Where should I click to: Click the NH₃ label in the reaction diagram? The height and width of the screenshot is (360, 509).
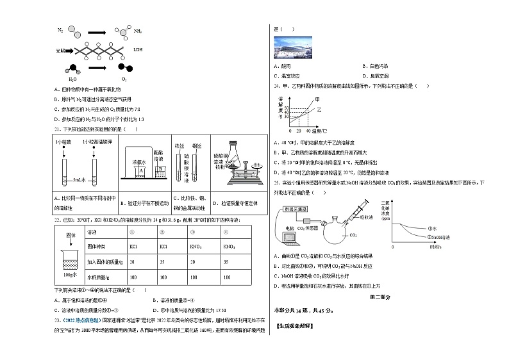[137, 31]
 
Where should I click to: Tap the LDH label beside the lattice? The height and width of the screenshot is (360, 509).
[138, 49]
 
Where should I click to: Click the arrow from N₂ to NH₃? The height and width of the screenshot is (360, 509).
[87, 32]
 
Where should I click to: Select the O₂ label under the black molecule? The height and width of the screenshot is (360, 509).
[124, 79]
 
